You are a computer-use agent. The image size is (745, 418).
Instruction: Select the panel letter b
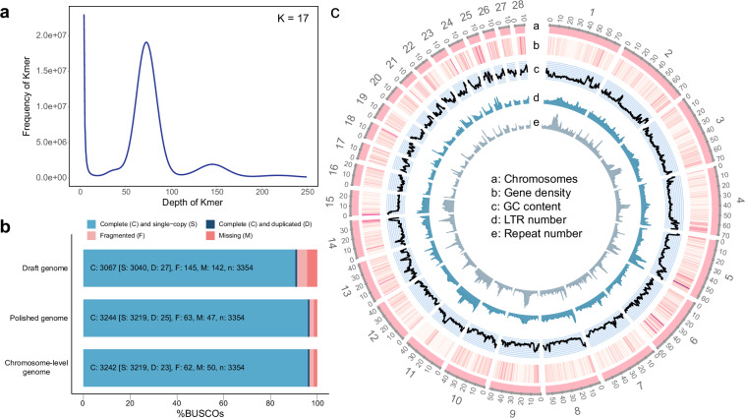(7, 226)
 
